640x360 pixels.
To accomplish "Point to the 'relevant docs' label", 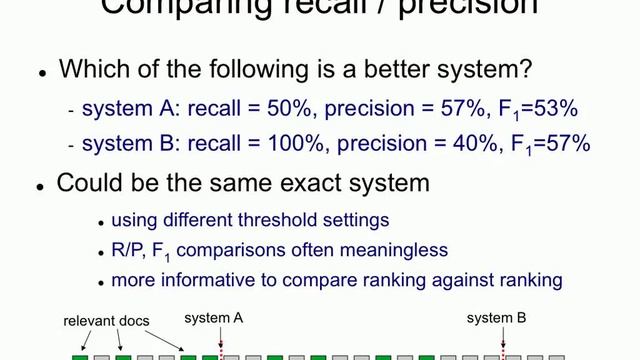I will pyautogui.click(x=105, y=321).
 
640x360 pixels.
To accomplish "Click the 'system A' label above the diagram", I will pyautogui.click(x=214, y=319).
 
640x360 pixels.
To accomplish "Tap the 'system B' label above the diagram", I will pyautogui.click(x=497, y=319).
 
